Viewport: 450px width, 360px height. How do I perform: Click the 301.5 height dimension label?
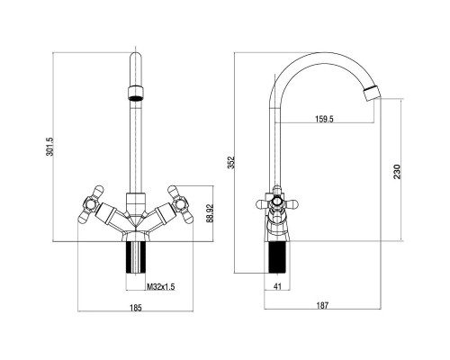49,147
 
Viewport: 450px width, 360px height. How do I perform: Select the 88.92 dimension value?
210,213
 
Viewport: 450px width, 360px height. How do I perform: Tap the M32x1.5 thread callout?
160,287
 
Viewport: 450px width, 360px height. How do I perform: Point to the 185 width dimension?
136,308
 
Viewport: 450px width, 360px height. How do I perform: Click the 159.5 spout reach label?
324,119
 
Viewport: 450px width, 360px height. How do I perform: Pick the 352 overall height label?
231,162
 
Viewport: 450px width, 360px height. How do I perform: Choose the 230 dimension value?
397,172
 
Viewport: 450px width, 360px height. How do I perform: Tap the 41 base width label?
278,286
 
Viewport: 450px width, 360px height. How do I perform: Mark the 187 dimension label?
322,305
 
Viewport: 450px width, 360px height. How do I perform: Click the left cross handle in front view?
91,204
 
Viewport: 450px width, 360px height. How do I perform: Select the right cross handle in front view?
180,204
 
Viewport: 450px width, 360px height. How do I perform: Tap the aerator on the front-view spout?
136,93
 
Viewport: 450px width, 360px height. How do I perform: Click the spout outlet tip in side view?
372,94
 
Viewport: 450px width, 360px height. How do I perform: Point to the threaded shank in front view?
136,257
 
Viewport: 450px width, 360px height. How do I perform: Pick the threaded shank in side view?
278,257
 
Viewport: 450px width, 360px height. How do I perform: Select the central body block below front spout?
136,203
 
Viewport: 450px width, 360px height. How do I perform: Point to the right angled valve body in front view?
160,214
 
